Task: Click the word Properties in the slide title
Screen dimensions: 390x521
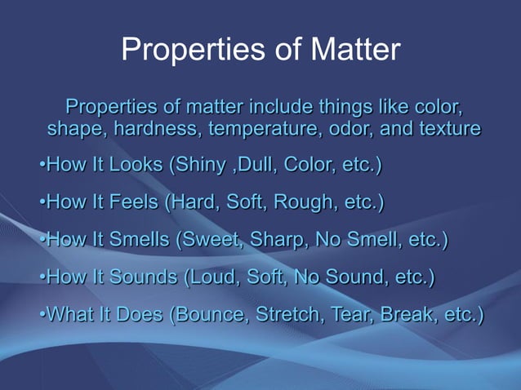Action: (189, 50)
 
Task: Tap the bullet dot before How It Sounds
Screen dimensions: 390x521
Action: (42, 278)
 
